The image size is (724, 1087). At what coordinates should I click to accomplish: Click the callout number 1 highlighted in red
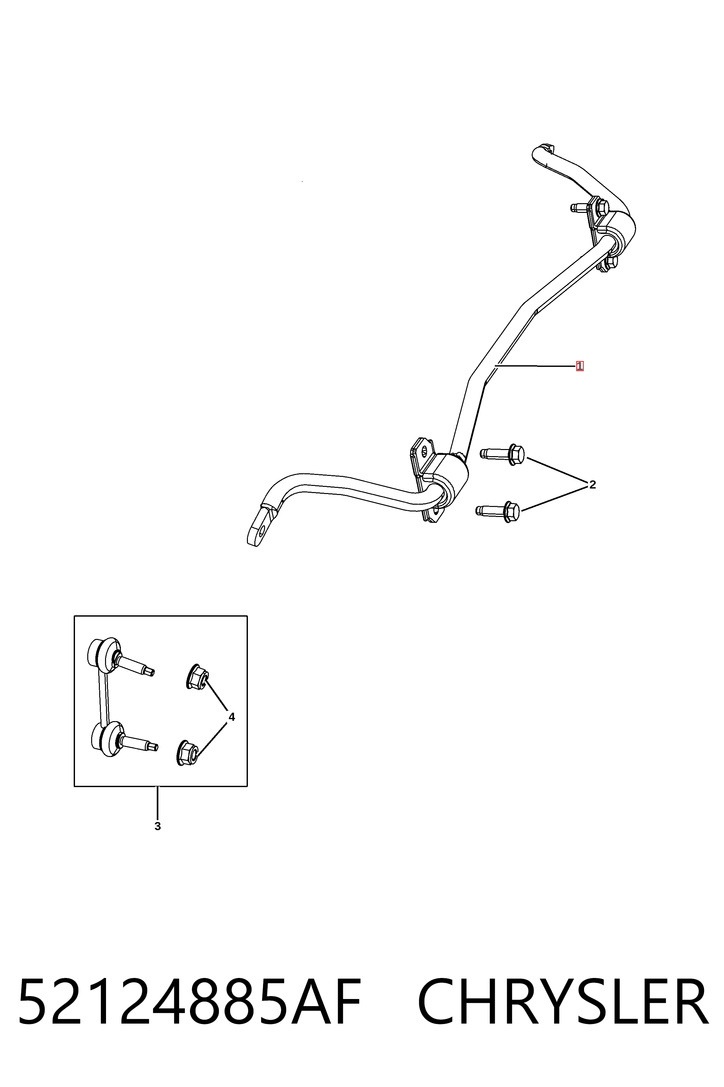point(580,366)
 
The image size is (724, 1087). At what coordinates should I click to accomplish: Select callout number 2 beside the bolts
point(592,484)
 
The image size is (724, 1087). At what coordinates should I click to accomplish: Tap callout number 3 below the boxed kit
point(157,826)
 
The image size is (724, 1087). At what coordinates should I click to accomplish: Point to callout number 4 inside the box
point(232,717)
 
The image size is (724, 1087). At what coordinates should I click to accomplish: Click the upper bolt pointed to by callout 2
point(502,454)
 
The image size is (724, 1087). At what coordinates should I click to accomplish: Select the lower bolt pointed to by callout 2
point(498,511)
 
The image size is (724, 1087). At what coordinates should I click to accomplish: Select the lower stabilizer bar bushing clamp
point(439,481)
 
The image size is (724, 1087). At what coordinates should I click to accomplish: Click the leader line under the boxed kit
point(157,803)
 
